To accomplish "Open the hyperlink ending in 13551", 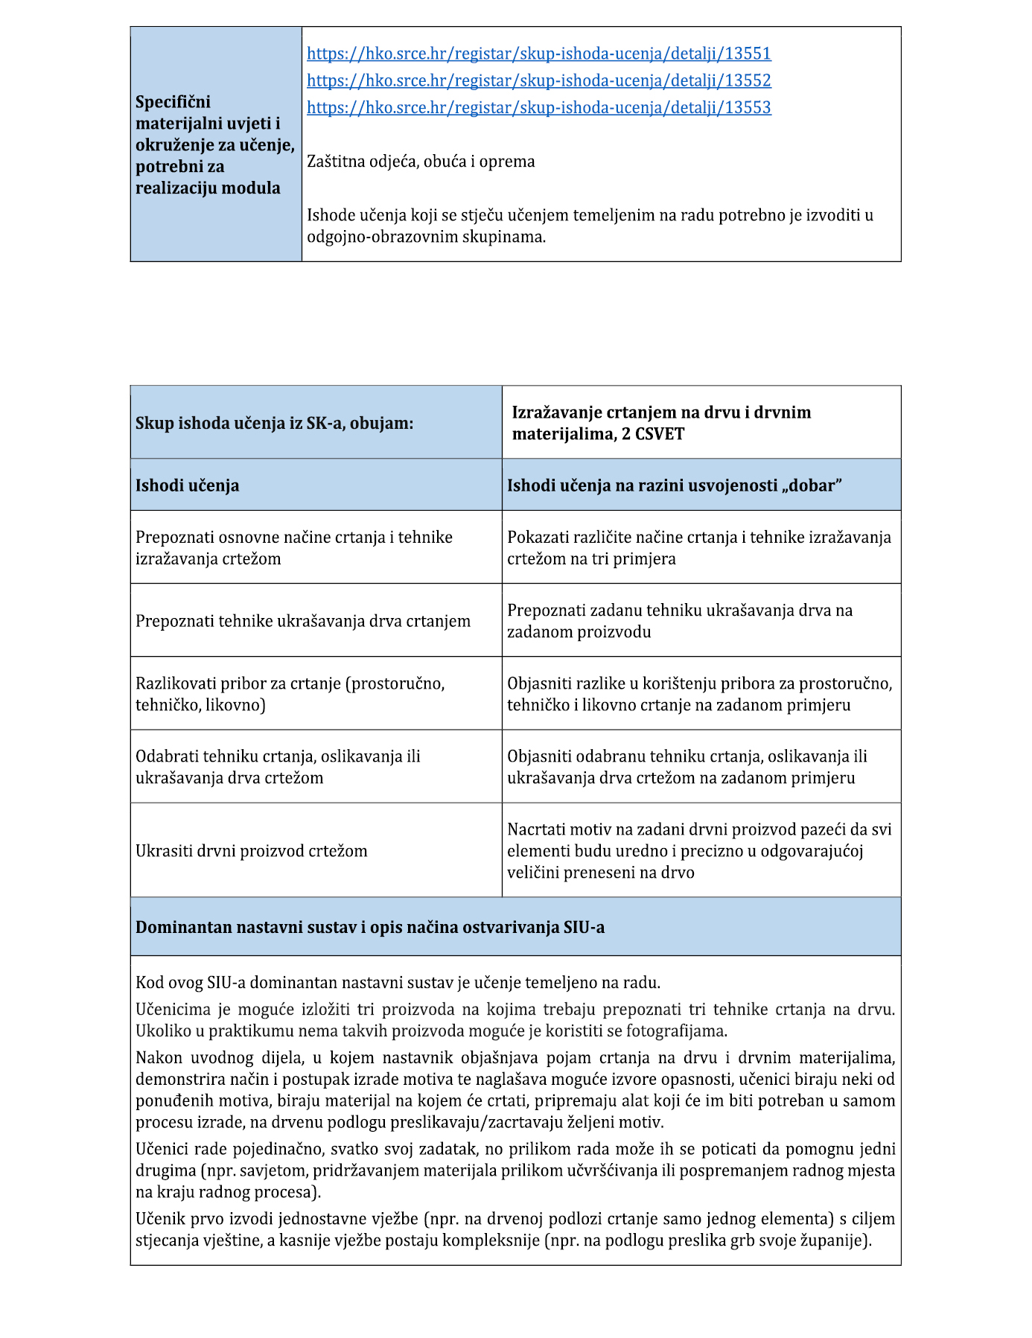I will (x=538, y=54).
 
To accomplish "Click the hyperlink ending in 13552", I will (x=538, y=80).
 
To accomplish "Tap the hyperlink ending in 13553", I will (x=538, y=107).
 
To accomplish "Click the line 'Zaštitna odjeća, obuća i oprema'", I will (x=421, y=162).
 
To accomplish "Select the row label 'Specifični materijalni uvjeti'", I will (x=214, y=144).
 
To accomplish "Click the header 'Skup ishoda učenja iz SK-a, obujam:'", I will (x=274, y=423).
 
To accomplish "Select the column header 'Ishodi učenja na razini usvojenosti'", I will (x=674, y=485).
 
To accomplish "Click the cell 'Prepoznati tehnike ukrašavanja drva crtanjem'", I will (x=302, y=621).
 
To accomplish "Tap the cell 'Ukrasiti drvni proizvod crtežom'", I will (x=251, y=851).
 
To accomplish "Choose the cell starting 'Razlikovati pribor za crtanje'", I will (x=290, y=694).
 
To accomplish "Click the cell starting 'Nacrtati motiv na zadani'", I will (x=698, y=850).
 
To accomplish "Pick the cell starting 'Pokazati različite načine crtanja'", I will (x=698, y=548).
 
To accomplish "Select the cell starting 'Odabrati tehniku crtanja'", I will (x=278, y=767).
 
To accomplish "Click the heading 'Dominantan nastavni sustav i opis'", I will (x=369, y=928).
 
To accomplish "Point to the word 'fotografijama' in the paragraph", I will (x=676, y=1031).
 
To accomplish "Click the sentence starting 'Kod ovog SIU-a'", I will (x=398, y=983).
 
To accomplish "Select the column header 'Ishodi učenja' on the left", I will (x=187, y=485).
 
